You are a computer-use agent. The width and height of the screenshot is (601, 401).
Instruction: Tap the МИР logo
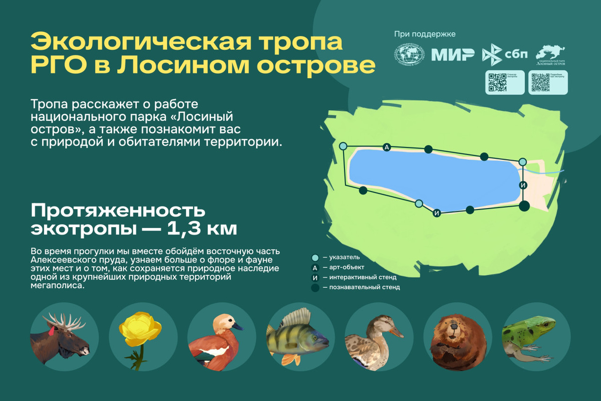point(453,55)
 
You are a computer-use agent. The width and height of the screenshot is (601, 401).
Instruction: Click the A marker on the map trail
point(386,147)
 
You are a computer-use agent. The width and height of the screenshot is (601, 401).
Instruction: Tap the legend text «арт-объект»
point(344,267)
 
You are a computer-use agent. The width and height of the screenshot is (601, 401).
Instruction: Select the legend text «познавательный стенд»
point(361,287)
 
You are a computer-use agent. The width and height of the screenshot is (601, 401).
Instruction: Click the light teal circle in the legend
point(315,257)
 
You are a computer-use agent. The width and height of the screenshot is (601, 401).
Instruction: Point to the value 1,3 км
point(202,229)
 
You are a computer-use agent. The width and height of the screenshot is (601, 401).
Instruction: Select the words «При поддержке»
point(425,34)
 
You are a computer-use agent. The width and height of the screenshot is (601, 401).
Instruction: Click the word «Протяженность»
point(118,210)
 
